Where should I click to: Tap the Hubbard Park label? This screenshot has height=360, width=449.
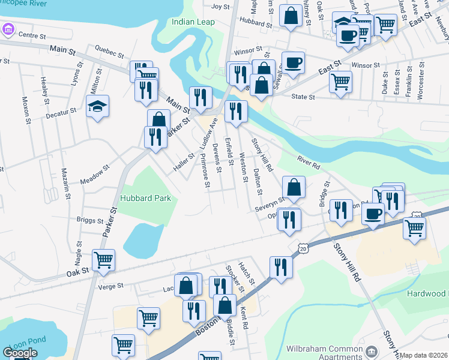click(x=145, y=198)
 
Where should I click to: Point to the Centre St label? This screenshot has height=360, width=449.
click(x=32, y=35)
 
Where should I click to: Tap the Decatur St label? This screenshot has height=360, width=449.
click(x=61, y=111)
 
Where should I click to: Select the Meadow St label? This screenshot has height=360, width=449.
click(x=95, y=175)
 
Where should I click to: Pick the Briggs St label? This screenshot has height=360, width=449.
click(x=91, y=220)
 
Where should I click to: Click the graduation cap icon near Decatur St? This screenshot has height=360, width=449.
click(x=97, y=106)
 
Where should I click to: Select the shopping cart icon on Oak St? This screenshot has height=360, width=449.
click(x=103, y=260)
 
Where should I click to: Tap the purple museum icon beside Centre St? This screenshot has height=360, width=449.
click(x=8, y=29)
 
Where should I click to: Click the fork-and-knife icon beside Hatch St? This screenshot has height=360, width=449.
click(x=280, y=266)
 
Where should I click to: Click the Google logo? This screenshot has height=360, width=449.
click(x=20, y=353)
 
